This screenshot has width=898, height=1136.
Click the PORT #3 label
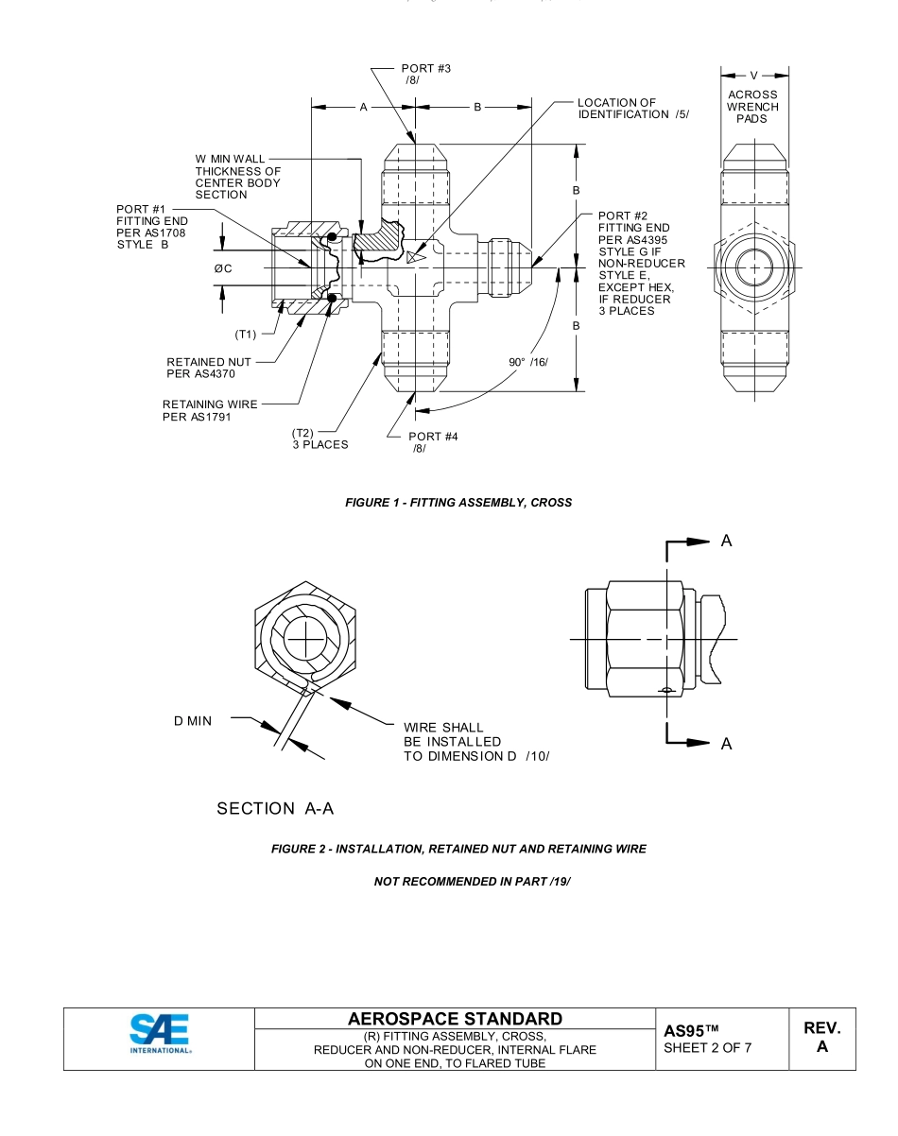click(x=425, y=69)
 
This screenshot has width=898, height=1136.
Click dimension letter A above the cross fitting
click(x=363, y=108)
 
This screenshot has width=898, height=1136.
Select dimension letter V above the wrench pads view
click(x=753, y=75)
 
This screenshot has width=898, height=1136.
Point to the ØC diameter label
click(x=223, y=269)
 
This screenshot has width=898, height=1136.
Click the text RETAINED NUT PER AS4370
click(x=209, y=368)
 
